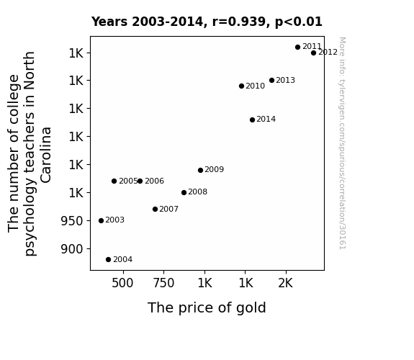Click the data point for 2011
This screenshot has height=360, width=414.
tap(297, 47)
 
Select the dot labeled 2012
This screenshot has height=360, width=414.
tap(313, 53)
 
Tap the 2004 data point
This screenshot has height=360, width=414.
tap(108, 260)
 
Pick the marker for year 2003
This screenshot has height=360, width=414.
tap(101, 220)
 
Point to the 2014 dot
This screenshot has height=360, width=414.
tap(252, 120)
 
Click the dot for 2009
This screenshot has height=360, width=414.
tap(200, 171)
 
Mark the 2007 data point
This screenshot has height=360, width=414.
tap(155, 210)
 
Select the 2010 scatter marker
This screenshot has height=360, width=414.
tap(241, 86)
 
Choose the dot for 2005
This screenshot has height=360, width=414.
tap(114, 181)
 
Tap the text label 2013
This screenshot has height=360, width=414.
tap(285, 80)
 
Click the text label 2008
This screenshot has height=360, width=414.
tap(198, 192)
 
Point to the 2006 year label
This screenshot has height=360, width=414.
tap(155, 181)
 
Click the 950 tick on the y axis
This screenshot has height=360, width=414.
tap(72, 221)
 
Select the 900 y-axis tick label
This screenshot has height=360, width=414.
tap(72, 249)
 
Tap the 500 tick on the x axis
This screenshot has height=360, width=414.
tap(122, 283)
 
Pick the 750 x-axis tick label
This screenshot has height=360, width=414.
tap(163, 283)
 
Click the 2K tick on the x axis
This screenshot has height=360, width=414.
tap(285, 283)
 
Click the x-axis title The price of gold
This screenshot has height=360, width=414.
tap(207, 308)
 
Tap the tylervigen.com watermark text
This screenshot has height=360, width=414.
tap(342, 143)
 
